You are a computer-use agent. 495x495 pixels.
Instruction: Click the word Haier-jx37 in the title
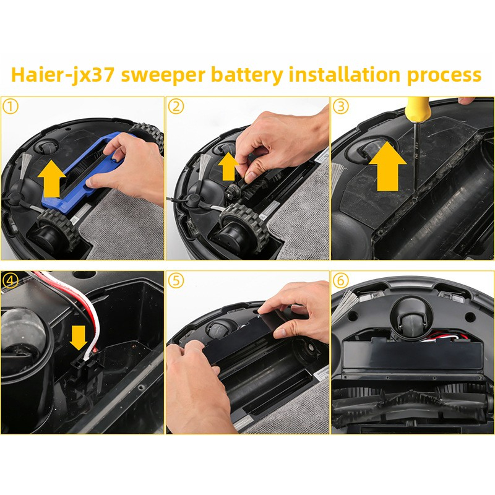62,75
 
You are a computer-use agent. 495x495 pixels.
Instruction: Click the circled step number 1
11,106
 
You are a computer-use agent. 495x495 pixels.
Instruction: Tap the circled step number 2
176,106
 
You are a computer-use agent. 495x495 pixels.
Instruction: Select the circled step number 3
341,106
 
